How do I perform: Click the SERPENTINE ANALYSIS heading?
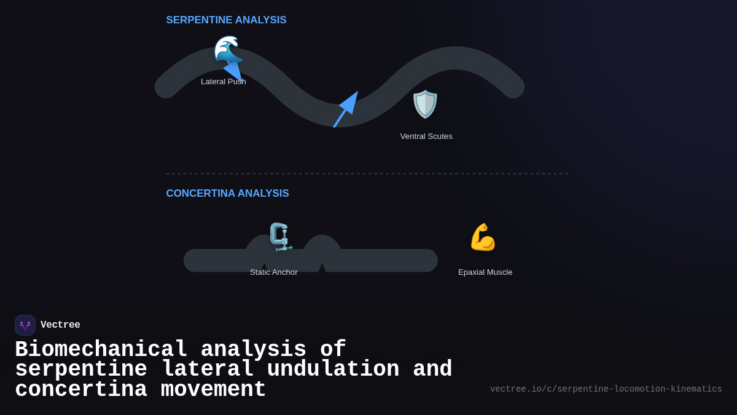click(226, 20)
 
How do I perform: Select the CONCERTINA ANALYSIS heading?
click(227, 194)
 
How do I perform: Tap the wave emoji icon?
click(228, 50)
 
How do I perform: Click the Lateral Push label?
click(224, 82)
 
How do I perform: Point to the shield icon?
click(425, 104)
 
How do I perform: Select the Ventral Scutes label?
click(426, 136)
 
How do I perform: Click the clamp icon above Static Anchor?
click(280, 237)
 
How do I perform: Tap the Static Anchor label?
click(274, 272)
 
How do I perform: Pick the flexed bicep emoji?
click(483, 237)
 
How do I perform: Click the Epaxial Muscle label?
click(485, 272)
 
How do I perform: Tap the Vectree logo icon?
click(25, 325)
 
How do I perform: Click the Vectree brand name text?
click(60, 325)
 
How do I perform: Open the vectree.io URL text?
click(606, 389)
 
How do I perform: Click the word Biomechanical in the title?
click(101, 349)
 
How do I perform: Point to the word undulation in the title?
click(333, 370)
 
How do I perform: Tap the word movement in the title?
click(213, 390)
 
